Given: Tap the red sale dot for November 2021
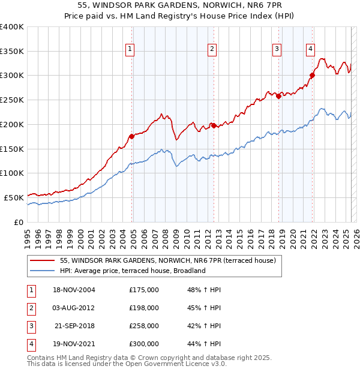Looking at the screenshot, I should click(x=313, y=75).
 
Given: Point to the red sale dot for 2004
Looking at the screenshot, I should click(x=132, y=136).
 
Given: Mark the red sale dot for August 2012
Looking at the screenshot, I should click(x=214, y=125).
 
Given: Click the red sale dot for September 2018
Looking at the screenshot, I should click(x=279, y=96).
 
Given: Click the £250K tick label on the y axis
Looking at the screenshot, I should click(x=12, y=100).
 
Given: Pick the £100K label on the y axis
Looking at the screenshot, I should click(x=12, y=173).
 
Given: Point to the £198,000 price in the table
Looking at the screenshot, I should click(x=144, y=308).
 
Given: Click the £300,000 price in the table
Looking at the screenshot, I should click(x=144, y=344).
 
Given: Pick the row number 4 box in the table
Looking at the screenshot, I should click(x=30, y=344).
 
